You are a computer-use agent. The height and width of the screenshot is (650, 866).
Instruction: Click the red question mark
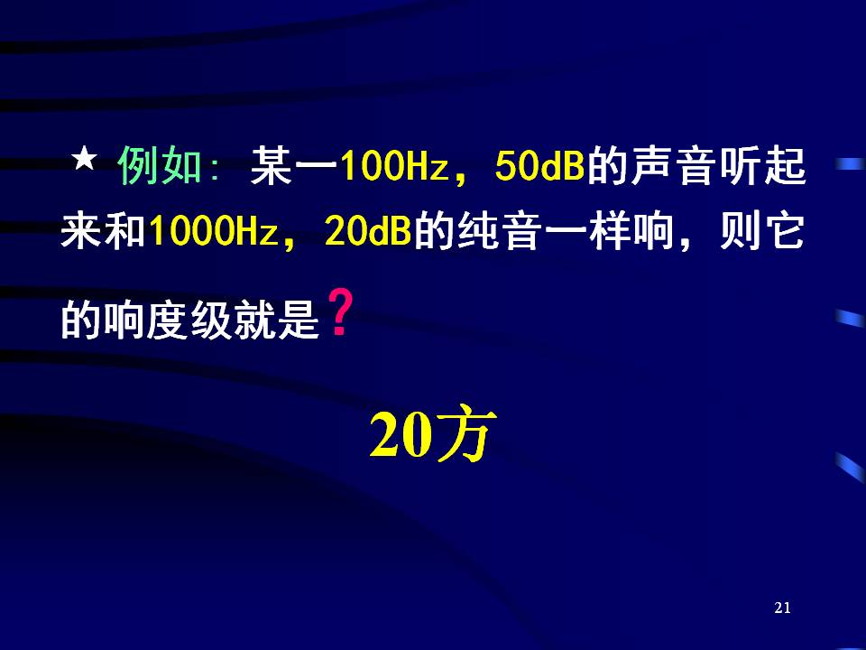tap(340, 313)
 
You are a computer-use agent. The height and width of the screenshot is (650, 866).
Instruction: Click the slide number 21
tap(783, 608)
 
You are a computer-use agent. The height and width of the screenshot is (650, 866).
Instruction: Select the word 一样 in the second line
tap(587, 231)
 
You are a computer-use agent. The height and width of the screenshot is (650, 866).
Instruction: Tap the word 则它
tap(761, 231)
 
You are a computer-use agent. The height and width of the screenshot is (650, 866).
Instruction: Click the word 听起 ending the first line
tap(763, 166)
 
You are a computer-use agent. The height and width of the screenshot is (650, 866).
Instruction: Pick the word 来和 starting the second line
tap(103, 231)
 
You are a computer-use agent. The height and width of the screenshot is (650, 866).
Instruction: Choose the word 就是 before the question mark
tap(277, 320)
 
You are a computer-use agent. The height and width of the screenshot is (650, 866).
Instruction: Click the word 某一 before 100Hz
tap(294, 166)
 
